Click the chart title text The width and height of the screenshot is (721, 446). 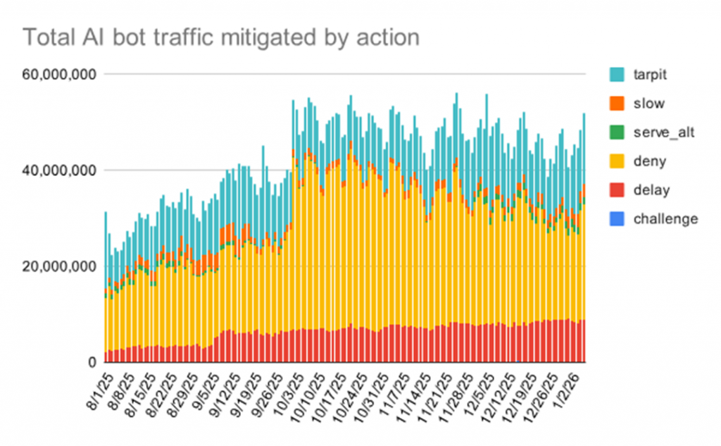click(221, 37)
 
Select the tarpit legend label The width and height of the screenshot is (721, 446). click(648, 74)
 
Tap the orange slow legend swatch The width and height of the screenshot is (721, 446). click(617, 104)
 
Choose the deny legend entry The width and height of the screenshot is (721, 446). click(647, 161)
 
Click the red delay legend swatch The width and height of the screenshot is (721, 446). click(617, 190)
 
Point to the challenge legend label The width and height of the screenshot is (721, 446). click(665, 218)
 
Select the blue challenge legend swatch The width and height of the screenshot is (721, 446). click(617, 219)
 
